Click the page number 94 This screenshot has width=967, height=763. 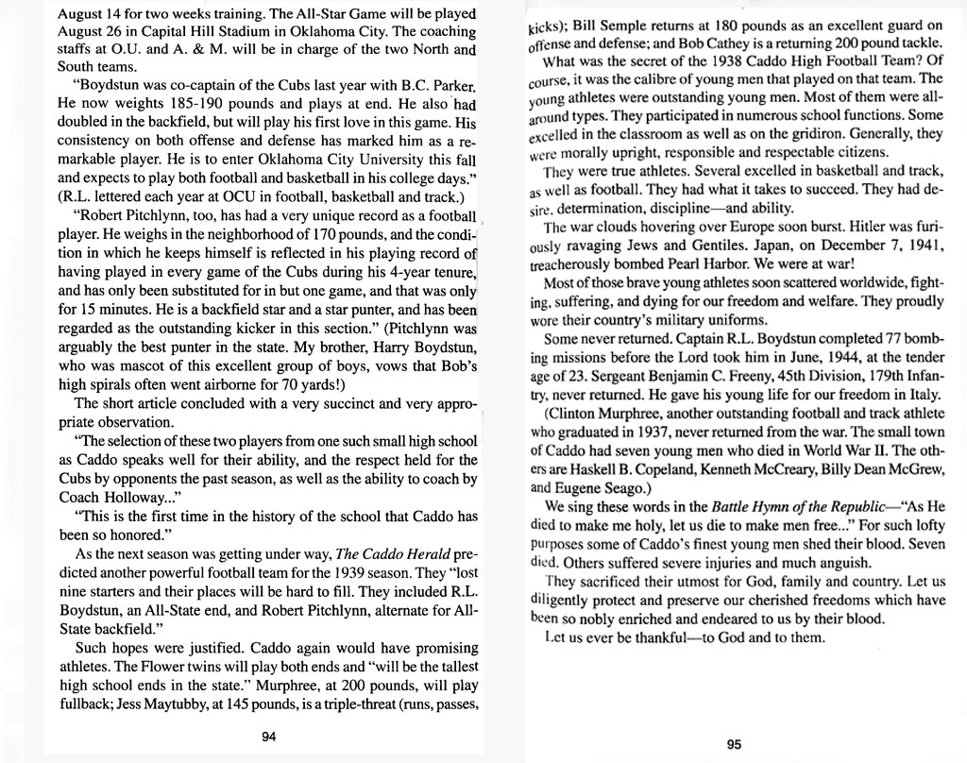(268, 737)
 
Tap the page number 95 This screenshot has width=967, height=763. (734, 743)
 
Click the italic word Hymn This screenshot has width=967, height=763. (736, 506)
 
